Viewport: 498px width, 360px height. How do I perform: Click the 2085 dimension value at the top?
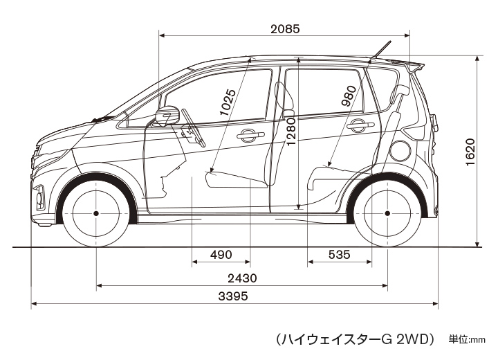coord(284,29)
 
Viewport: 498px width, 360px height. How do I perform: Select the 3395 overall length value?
coord(233,296)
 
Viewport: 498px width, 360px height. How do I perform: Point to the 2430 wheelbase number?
coord(241,278)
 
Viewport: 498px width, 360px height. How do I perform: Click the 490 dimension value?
coord(220,255)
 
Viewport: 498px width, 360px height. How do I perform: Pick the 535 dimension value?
coord(339,255)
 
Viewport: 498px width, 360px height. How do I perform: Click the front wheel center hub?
coord(95,213)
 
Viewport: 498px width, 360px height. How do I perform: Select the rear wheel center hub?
coord(387,213)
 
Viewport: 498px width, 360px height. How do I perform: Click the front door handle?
coord(247,136)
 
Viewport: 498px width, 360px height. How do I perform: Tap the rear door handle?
coord(358,126)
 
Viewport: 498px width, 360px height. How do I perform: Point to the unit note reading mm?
coord(479,339)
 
